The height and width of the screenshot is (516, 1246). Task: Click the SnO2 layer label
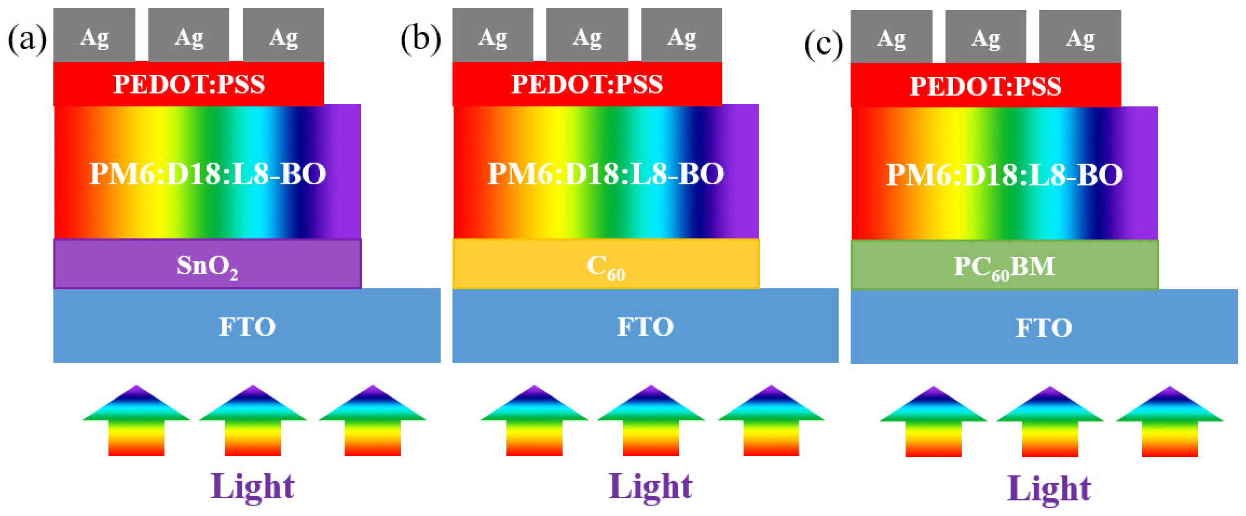207,265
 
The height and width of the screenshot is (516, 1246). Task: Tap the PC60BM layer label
1004,267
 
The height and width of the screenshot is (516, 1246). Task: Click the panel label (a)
27,39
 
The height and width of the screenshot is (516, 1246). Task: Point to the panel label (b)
421,39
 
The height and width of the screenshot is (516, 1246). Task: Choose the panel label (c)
823,44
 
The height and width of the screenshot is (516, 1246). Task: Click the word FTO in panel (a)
247,326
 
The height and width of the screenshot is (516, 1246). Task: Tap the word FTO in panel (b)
645,326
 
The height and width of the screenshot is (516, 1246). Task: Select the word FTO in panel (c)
1044,328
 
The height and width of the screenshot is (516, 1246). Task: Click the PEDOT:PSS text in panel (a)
189,84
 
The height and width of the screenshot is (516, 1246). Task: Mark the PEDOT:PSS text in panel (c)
986,86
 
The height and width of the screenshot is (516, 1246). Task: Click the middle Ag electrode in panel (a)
189,36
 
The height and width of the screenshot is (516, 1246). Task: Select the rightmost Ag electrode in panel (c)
1080,37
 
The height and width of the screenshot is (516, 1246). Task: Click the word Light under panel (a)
253,486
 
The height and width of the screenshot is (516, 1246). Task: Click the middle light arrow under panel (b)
650,421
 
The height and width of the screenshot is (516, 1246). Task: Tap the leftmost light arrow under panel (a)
136,421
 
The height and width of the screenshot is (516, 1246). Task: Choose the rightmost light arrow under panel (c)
1170,422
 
